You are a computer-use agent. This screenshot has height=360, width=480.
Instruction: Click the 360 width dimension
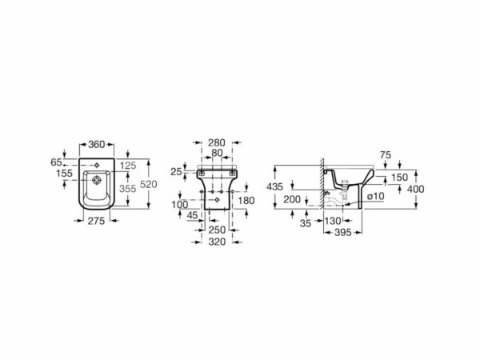click(97, 144)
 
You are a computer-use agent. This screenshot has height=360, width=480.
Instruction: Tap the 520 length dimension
click(149, 184)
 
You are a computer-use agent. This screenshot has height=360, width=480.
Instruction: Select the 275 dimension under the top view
click(97, 221)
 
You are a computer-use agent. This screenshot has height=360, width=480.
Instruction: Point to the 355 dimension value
click(128, 189)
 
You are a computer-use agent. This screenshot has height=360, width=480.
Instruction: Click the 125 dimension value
click(128, 166)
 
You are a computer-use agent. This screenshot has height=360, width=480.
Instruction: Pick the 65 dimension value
click(56, 162)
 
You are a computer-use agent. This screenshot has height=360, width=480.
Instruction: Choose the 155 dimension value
click(64, 174)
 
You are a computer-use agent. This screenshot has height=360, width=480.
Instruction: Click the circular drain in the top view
click(97, 180)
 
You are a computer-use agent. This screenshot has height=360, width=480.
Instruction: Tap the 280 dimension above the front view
click(217, 142)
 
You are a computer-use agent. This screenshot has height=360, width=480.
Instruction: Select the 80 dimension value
click(217, 153)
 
